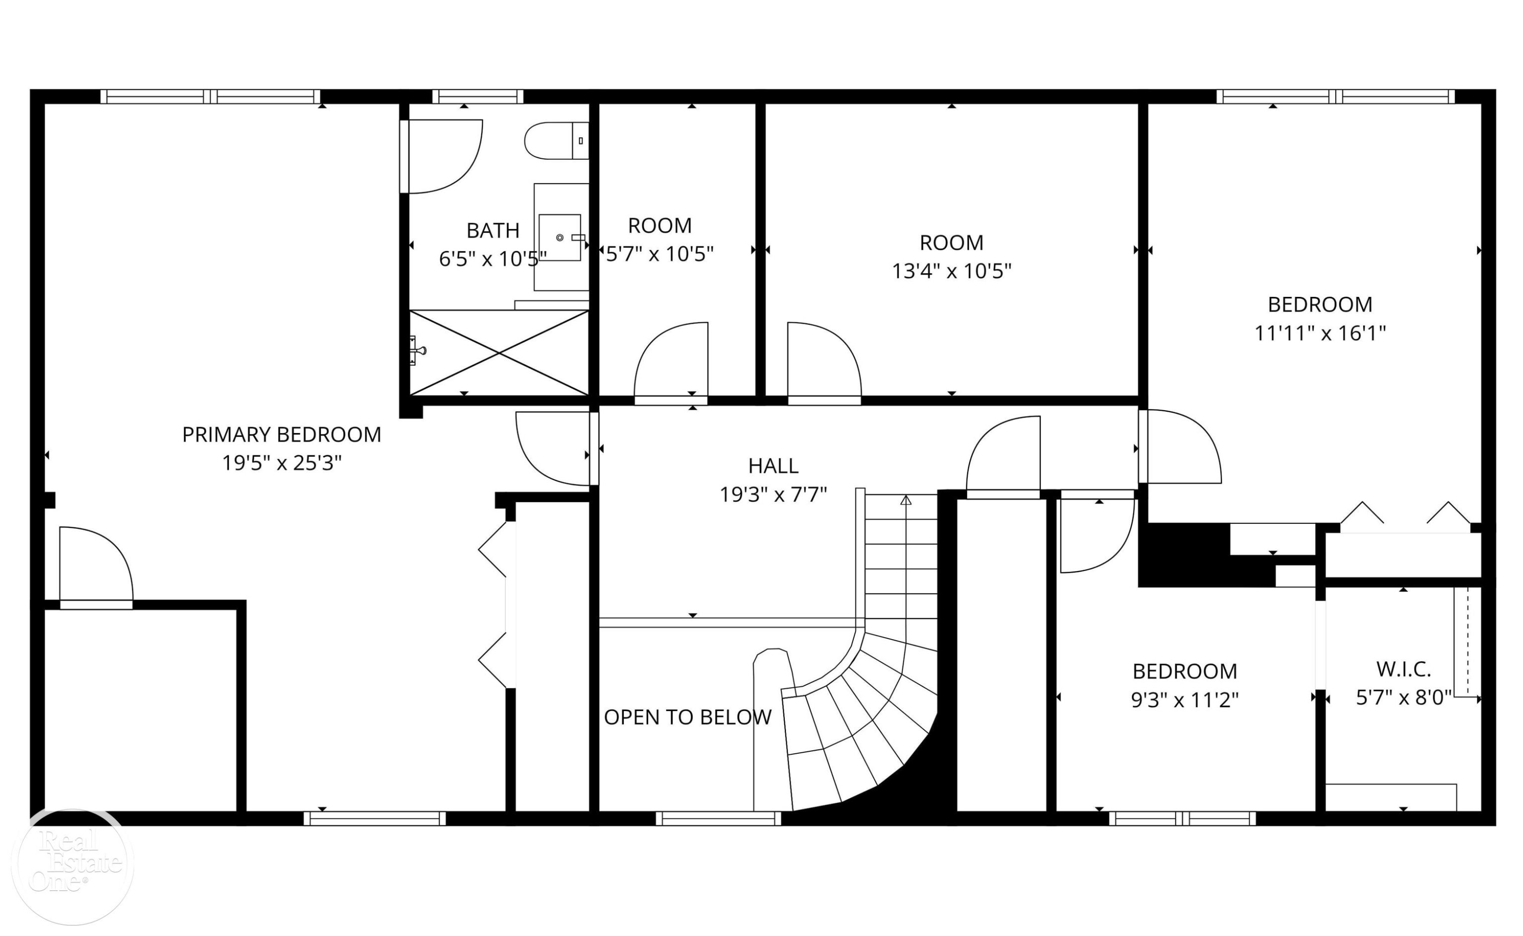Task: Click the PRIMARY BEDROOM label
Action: (x=282, y=434)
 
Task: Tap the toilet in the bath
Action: (x=556, y=141)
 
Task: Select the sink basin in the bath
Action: (x=559, y=238)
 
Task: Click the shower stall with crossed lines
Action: (x=499, y=352)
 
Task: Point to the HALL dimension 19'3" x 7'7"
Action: (x=773, y=494)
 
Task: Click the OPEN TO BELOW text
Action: (x=688, y=717)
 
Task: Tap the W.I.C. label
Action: (x=1404, y=669)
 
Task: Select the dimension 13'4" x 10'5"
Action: (x=951, y=271)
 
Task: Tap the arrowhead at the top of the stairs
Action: (x=906, y=499)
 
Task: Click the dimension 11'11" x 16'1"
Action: (x=1320, y=333)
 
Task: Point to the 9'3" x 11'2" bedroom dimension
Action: (x=1185, y=700)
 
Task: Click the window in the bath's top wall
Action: (x=477, y=96)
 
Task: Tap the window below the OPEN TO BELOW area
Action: (x=718, y=818)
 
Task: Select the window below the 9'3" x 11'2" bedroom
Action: (x=1182, y=818)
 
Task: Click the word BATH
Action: (x=493, y=231)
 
